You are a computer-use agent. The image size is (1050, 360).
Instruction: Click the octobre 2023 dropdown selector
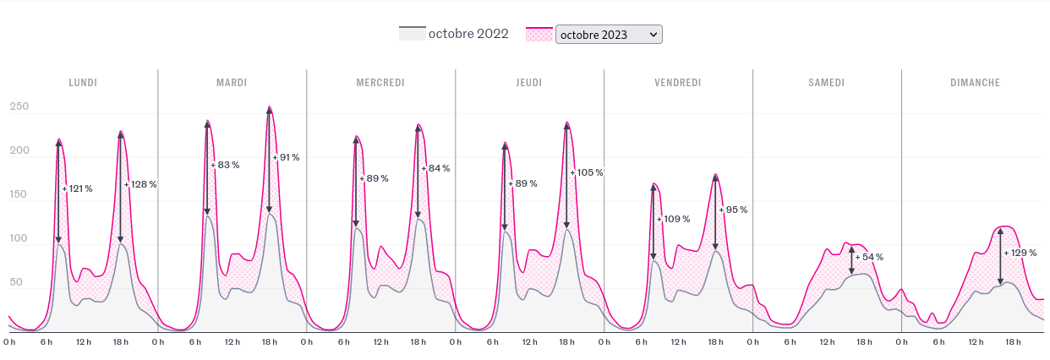[609, 34]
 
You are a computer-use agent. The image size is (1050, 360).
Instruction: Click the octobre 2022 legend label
[468, 34]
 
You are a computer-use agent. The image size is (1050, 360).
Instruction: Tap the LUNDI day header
[83, 83]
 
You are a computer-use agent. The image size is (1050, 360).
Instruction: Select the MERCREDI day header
[380, 83]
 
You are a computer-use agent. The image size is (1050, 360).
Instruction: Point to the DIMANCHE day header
[975, 83]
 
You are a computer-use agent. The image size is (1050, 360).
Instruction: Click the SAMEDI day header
[826, 83]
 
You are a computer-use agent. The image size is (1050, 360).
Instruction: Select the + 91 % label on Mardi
[287, 157]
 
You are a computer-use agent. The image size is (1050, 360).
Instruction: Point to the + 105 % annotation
[588, 172]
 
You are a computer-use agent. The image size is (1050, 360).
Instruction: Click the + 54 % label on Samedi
[871, 257]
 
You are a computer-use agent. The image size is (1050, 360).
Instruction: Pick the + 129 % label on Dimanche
[1021, 253]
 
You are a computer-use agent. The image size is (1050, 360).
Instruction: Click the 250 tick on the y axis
[19, 107]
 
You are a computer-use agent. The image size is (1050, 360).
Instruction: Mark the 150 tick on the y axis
[19, 195]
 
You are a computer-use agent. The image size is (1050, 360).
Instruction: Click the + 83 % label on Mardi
[227, 165]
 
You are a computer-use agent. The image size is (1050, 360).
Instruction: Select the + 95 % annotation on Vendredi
[736, 210]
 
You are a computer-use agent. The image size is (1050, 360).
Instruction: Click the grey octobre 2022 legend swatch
[411, 34]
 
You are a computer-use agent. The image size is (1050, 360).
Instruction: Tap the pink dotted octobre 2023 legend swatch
[539, 34]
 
